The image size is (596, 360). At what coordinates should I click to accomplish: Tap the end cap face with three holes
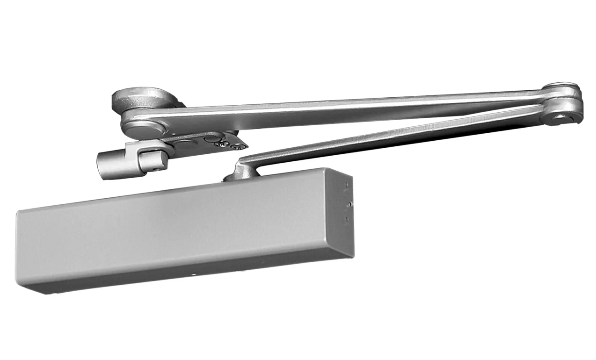(x=344, y=215)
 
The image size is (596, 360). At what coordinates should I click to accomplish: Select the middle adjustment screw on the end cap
(x=350, y=204)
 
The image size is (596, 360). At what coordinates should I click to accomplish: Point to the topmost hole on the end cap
(x=347, y=185)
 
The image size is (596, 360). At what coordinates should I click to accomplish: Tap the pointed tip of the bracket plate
(x=246, y=147)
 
